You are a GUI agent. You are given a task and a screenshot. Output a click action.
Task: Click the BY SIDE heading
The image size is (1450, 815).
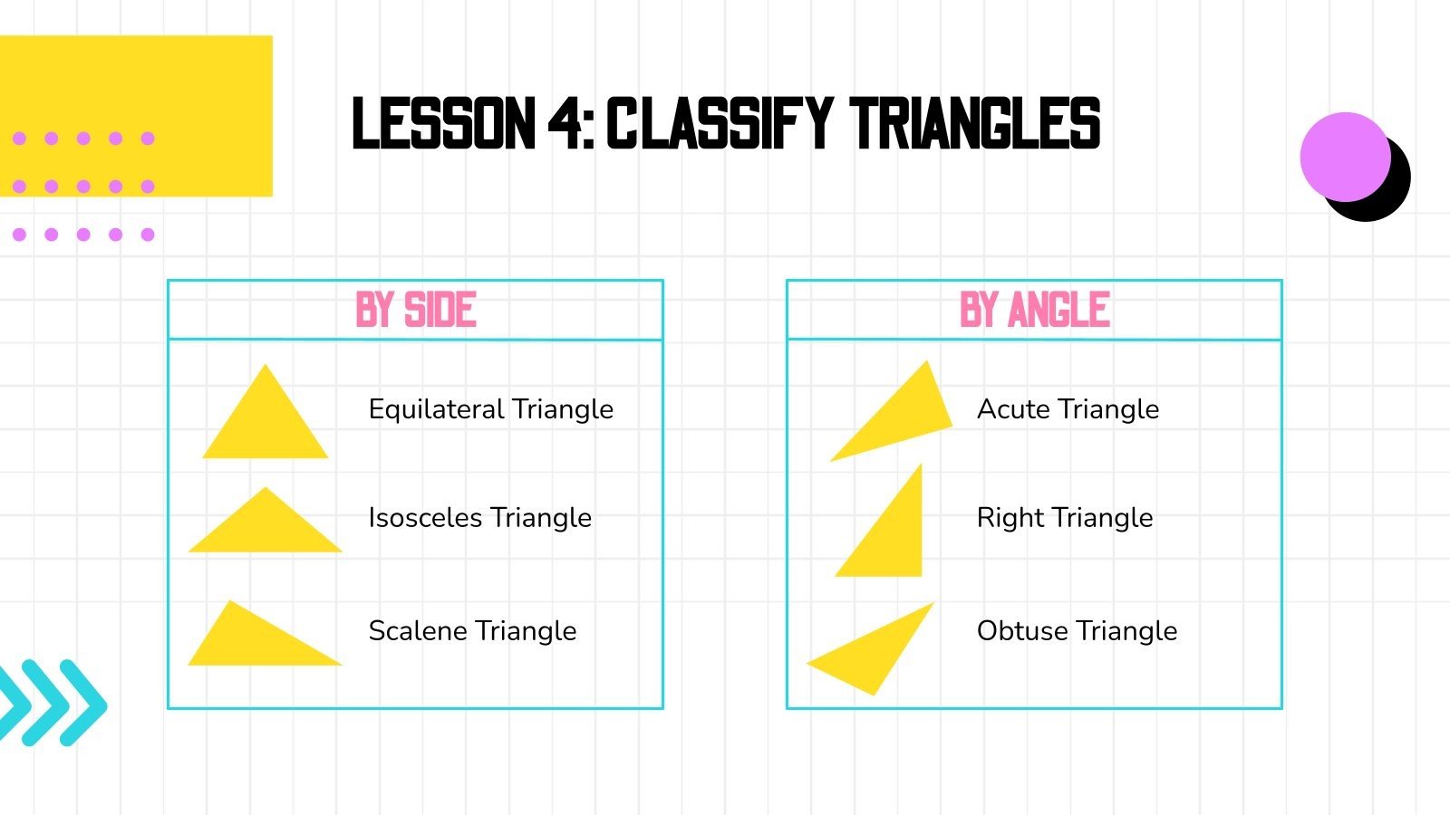(416, 310)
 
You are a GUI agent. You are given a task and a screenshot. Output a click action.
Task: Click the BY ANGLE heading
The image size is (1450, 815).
(1034, 310)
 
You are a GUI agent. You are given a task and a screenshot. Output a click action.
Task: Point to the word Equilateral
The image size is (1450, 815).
(437, 409)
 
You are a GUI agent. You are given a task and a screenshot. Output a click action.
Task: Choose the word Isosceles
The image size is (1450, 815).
(426, 518)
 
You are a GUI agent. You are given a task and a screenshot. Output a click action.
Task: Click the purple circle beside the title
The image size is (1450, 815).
(1344, 157)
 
